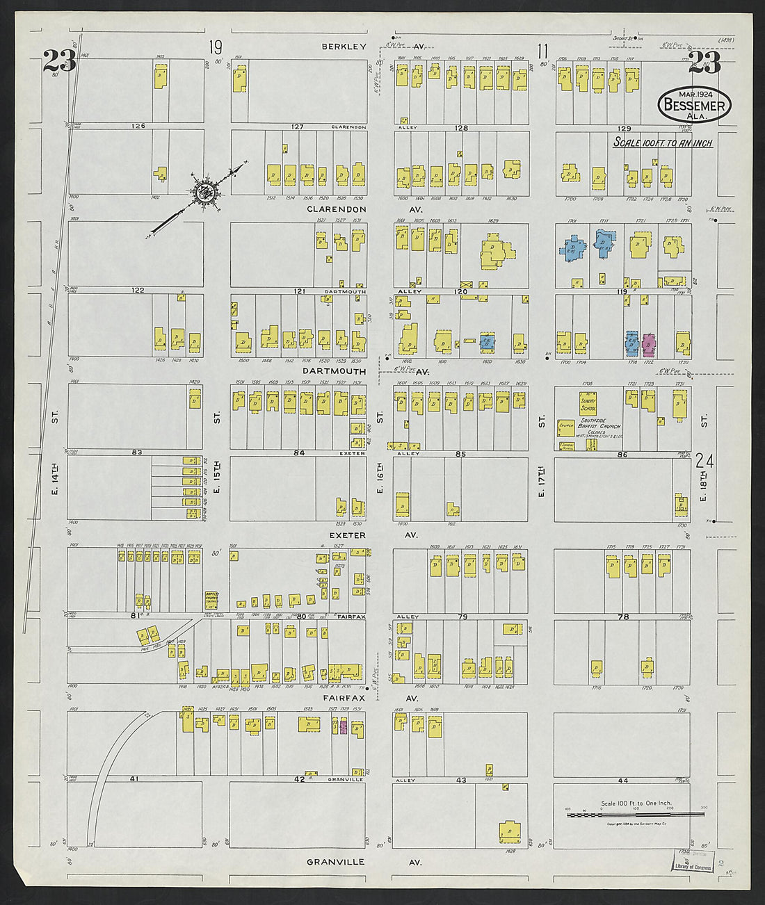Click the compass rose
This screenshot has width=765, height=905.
206,193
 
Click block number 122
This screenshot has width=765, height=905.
138,290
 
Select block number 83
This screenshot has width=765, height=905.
137,452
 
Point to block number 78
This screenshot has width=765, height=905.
623,617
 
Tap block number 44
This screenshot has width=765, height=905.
622,779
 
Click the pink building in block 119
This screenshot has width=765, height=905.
650,343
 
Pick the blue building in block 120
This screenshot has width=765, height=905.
488,342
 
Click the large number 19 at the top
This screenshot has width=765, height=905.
216,48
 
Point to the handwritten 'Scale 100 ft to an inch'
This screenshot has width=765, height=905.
662,142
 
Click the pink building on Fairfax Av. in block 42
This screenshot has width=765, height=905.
342,726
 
